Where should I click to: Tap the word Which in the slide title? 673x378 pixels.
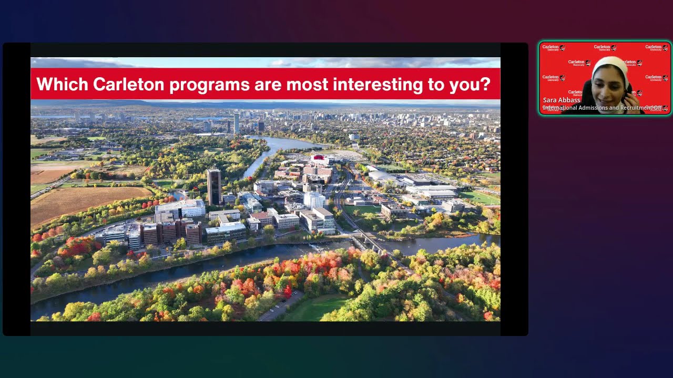click(x=62, y=85)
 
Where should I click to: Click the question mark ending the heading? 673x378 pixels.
click(x=485, y=85)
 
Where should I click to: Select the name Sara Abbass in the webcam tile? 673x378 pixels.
click(x=561, y=100)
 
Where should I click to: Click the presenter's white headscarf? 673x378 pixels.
click(x=610, y=66)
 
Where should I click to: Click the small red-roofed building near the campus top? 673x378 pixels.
click(x=319, y=157)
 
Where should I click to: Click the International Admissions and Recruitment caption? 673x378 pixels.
click(x=602, y=108)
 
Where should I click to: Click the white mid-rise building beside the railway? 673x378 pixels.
click(x=314, y=200)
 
